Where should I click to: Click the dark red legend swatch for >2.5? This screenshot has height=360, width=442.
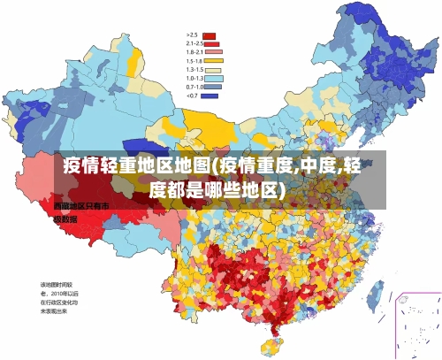pos(210,34)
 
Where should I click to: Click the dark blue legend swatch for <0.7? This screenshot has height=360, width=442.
pos(210,96)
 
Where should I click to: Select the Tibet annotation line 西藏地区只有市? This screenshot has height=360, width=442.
pos(80,205)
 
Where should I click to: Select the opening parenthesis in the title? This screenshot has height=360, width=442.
pos(215,166)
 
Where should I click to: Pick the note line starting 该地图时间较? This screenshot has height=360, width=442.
pos(57,285)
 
